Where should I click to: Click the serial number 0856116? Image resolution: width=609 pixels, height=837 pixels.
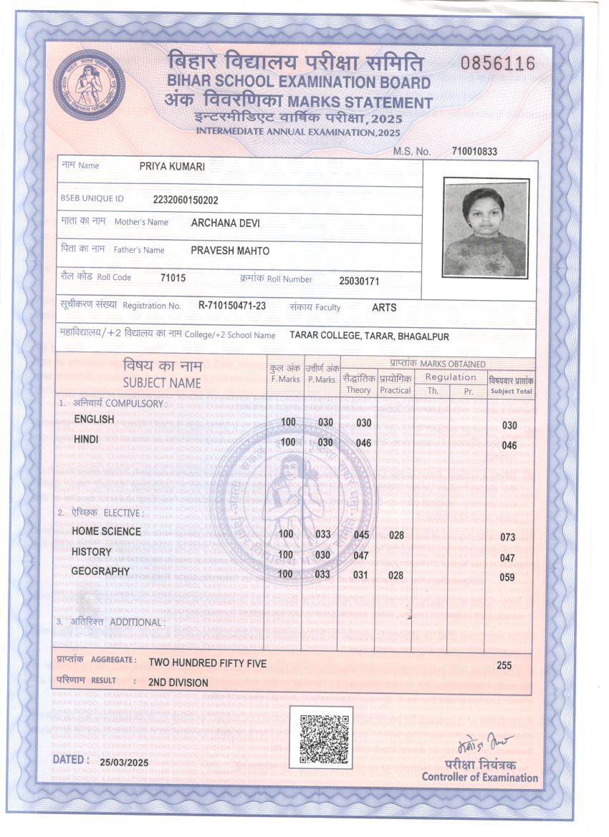pyautogui.click(x=498, y=64)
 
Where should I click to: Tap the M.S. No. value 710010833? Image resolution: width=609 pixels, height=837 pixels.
pyautogui.click(x=474, y=151)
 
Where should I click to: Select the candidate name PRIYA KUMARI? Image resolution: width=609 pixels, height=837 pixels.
pyautogui.click(x=172, y=166)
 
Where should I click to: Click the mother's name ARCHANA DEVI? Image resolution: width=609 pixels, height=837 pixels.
pyautogui.click(x=225, y=223)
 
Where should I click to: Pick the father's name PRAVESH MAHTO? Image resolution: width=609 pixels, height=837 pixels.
pyautogui.click(x=230, y=251)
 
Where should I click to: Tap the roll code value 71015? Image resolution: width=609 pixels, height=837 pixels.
pyautogui.click(x=173, y=278)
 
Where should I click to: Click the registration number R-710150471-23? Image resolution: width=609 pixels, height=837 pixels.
pyautogui.click(x=232, y=306)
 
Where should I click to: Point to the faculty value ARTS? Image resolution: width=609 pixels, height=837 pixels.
pyautogui.click(x=384, y=307)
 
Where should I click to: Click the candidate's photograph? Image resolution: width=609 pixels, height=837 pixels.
pyautogui.click(x=486, y=228)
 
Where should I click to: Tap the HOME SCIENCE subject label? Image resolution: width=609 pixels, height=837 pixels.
pyautogui.click(x=106, y=531)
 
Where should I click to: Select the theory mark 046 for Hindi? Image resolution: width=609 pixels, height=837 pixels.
pyautogui.click(x=364, y=443)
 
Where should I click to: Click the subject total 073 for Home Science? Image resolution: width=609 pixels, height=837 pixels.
pyautogui.click(x=507, y=537)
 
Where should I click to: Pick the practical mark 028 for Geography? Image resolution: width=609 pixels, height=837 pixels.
pyautogui.click(x=396, y=575)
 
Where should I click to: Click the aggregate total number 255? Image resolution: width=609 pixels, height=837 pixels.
pyautogui.click(x=504, y=665)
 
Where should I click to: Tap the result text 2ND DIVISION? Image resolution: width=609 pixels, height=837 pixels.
pyautogui.click(x=178, y=682)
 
